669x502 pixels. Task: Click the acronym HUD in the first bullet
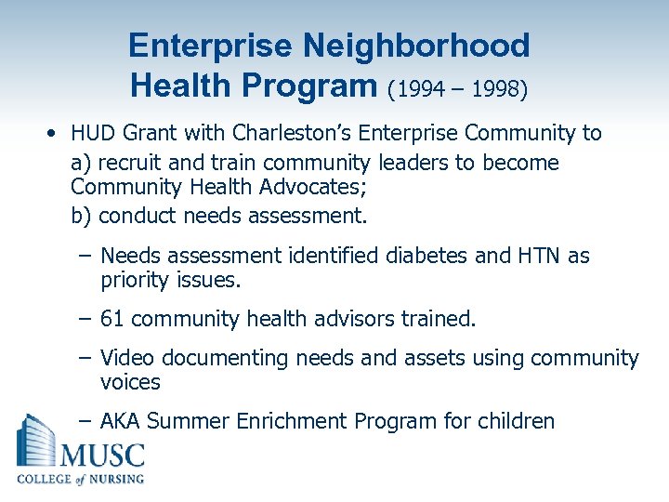92,133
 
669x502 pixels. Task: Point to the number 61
111,320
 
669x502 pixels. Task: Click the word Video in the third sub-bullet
125,358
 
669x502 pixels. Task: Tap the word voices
130,382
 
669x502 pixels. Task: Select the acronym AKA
121,421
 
